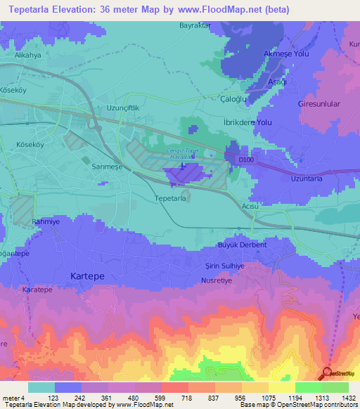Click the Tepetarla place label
169,199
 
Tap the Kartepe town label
88,276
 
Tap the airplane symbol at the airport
182,167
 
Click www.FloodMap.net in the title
210,11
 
